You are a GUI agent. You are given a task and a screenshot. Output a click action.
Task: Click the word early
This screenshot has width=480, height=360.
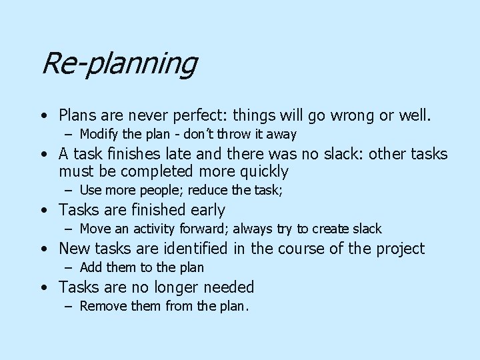pos(206,211)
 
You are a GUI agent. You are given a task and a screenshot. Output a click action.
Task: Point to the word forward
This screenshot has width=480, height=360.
pos(180,229)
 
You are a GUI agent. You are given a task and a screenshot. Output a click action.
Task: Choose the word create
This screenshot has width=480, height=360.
pos(331,229)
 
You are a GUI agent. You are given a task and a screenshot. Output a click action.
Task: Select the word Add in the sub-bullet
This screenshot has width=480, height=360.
pos(90,268)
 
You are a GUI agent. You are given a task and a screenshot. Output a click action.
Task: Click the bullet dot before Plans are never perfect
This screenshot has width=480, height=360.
pos(42,115)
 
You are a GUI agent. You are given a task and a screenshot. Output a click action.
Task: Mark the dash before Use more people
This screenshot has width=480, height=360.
pos(69,191)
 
